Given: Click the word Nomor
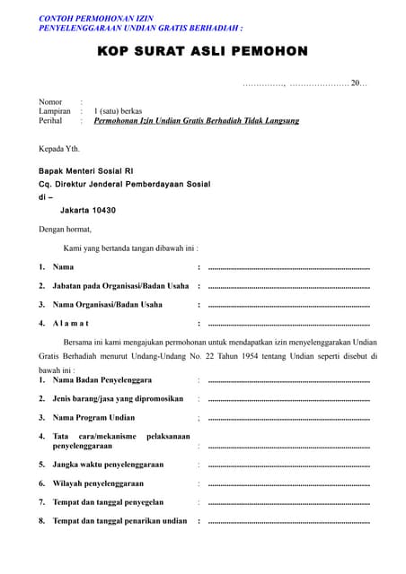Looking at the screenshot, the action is click(x=50, y=101).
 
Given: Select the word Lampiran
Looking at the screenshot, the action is click(x=54, y=111).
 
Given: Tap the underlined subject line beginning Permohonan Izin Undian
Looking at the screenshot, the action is click(x=197, y=120).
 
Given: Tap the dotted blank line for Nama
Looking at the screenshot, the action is click(x=288, y=267).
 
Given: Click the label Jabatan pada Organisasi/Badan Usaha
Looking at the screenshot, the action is click(x=120, y=286).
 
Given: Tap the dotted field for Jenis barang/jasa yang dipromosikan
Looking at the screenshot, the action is click(x=288, y=399).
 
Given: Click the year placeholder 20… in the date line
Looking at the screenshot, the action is click(x=358, y=83).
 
